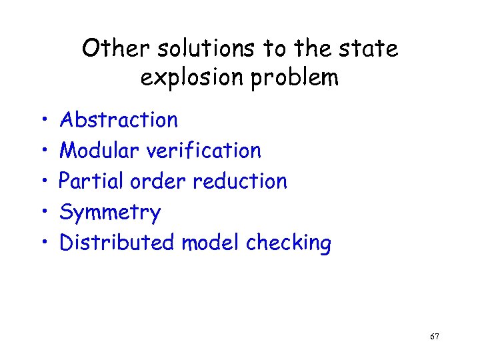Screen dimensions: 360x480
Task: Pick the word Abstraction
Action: coord(119,120)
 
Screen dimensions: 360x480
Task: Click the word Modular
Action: coord(100,151)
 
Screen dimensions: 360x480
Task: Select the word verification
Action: coord(204,151)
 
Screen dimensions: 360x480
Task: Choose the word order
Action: coord(154,181)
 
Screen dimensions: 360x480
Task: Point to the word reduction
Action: coord(237,181)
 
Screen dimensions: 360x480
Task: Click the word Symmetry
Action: coord(110,213)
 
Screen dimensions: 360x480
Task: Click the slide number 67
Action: coord(435,337)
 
